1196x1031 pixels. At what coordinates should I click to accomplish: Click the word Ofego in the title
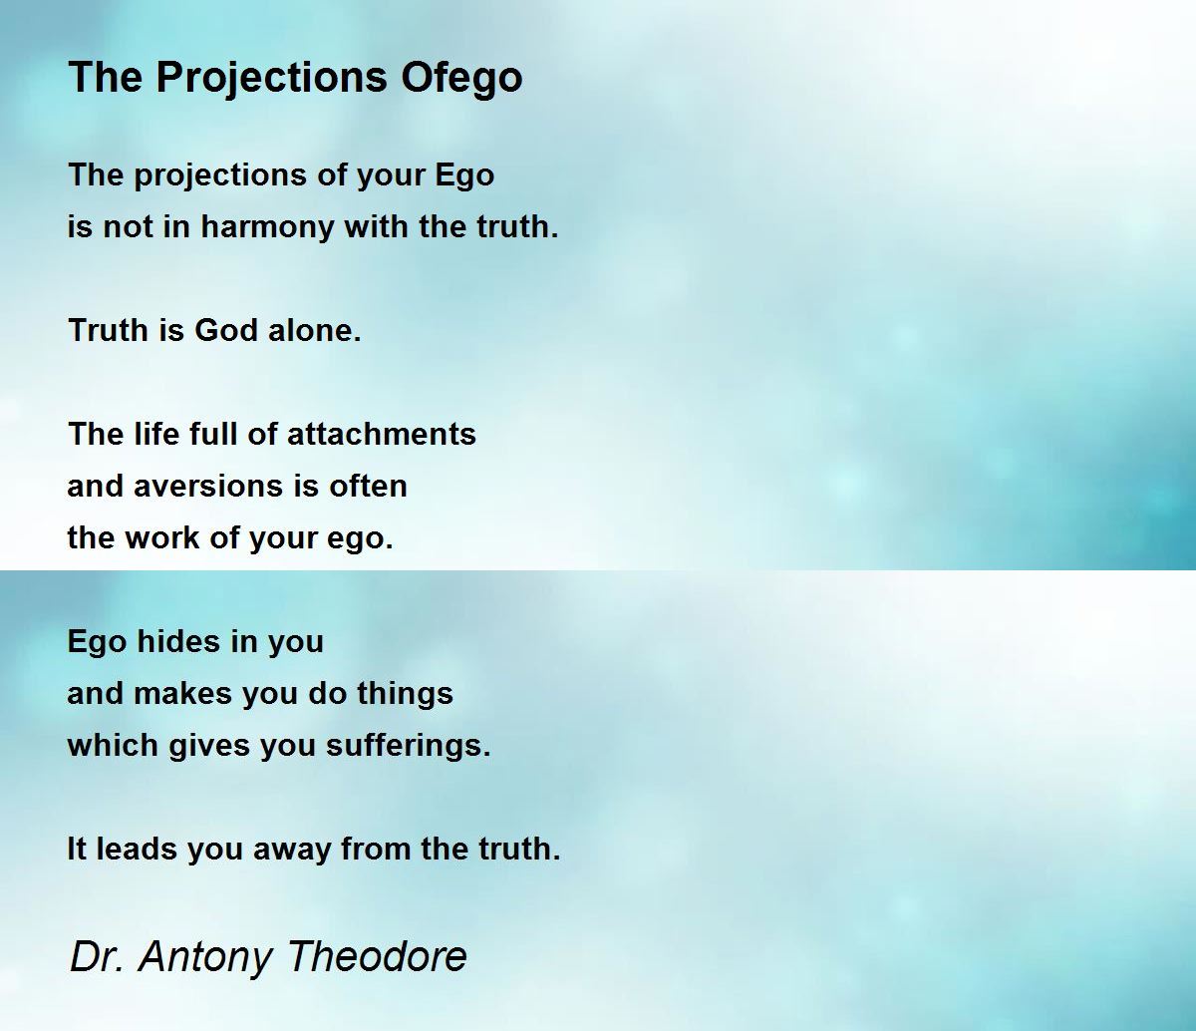[461, 78]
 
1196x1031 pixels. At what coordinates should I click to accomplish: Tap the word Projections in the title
[272, 78]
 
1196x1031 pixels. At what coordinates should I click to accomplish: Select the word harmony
[267, 227]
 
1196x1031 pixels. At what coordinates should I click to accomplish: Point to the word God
[226, 331]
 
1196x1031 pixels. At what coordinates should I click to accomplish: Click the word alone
[315, 331]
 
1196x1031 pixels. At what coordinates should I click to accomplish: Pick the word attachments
[382, 434]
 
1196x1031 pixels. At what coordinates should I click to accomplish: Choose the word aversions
[208, 487]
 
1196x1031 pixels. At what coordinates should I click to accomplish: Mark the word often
[368, 487]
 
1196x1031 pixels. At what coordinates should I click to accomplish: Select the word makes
[182, 694]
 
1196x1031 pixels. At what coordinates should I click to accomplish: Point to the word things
[405, 695]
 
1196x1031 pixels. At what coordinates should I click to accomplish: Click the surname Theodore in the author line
[377, 956]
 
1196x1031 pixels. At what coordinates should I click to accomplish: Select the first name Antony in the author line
[205, 958]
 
